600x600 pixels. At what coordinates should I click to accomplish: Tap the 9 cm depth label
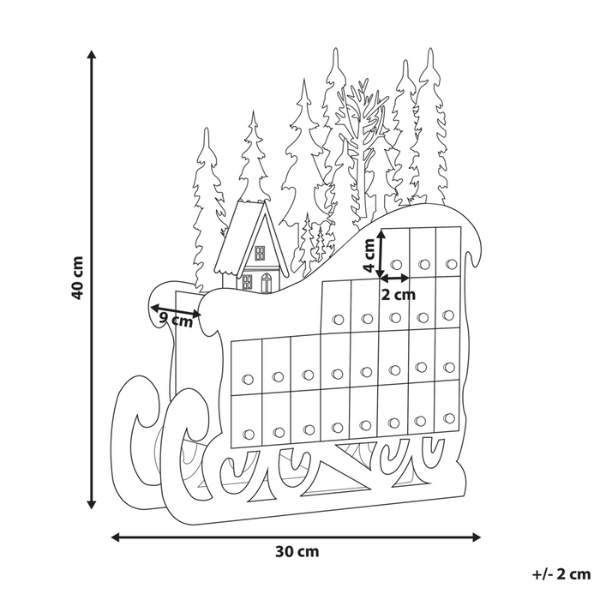pos(177,320)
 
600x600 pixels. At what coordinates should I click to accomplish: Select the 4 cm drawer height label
pos(369,255)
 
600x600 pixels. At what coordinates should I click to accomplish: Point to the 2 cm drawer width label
pos(398,295)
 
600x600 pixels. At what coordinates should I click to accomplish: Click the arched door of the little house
pos(266,282)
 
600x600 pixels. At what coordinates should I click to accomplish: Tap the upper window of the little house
pos(258,252)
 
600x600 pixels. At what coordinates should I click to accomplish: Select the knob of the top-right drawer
pos(451,263)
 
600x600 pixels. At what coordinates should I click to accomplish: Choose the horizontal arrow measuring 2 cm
pos(395,278)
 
